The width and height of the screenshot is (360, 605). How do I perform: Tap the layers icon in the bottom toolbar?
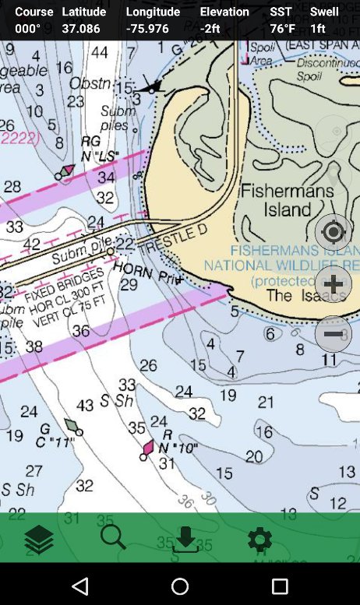click(x=38, y=539)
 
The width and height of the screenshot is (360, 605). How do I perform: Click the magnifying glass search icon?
click(x=113, y=537)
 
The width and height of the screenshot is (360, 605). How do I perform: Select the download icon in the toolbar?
click(x=185, y=539)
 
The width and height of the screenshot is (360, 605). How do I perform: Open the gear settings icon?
click(x=259, y=539)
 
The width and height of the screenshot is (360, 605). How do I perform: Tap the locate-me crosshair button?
click(x=333, y=232)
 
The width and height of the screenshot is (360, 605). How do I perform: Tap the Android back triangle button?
click(x=80, y=586)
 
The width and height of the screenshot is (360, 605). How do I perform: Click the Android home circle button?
click(x=180, y=586)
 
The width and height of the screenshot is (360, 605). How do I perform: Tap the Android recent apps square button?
click(x=280, y=586)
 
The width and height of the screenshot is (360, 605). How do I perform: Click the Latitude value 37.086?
click(x=81, y=28)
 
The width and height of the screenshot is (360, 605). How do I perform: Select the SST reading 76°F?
click(x=282, y=28)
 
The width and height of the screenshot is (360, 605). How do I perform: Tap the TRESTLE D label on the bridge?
click(x=173, y=239)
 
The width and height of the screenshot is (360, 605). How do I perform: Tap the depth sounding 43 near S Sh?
click(x=86, y=406)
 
